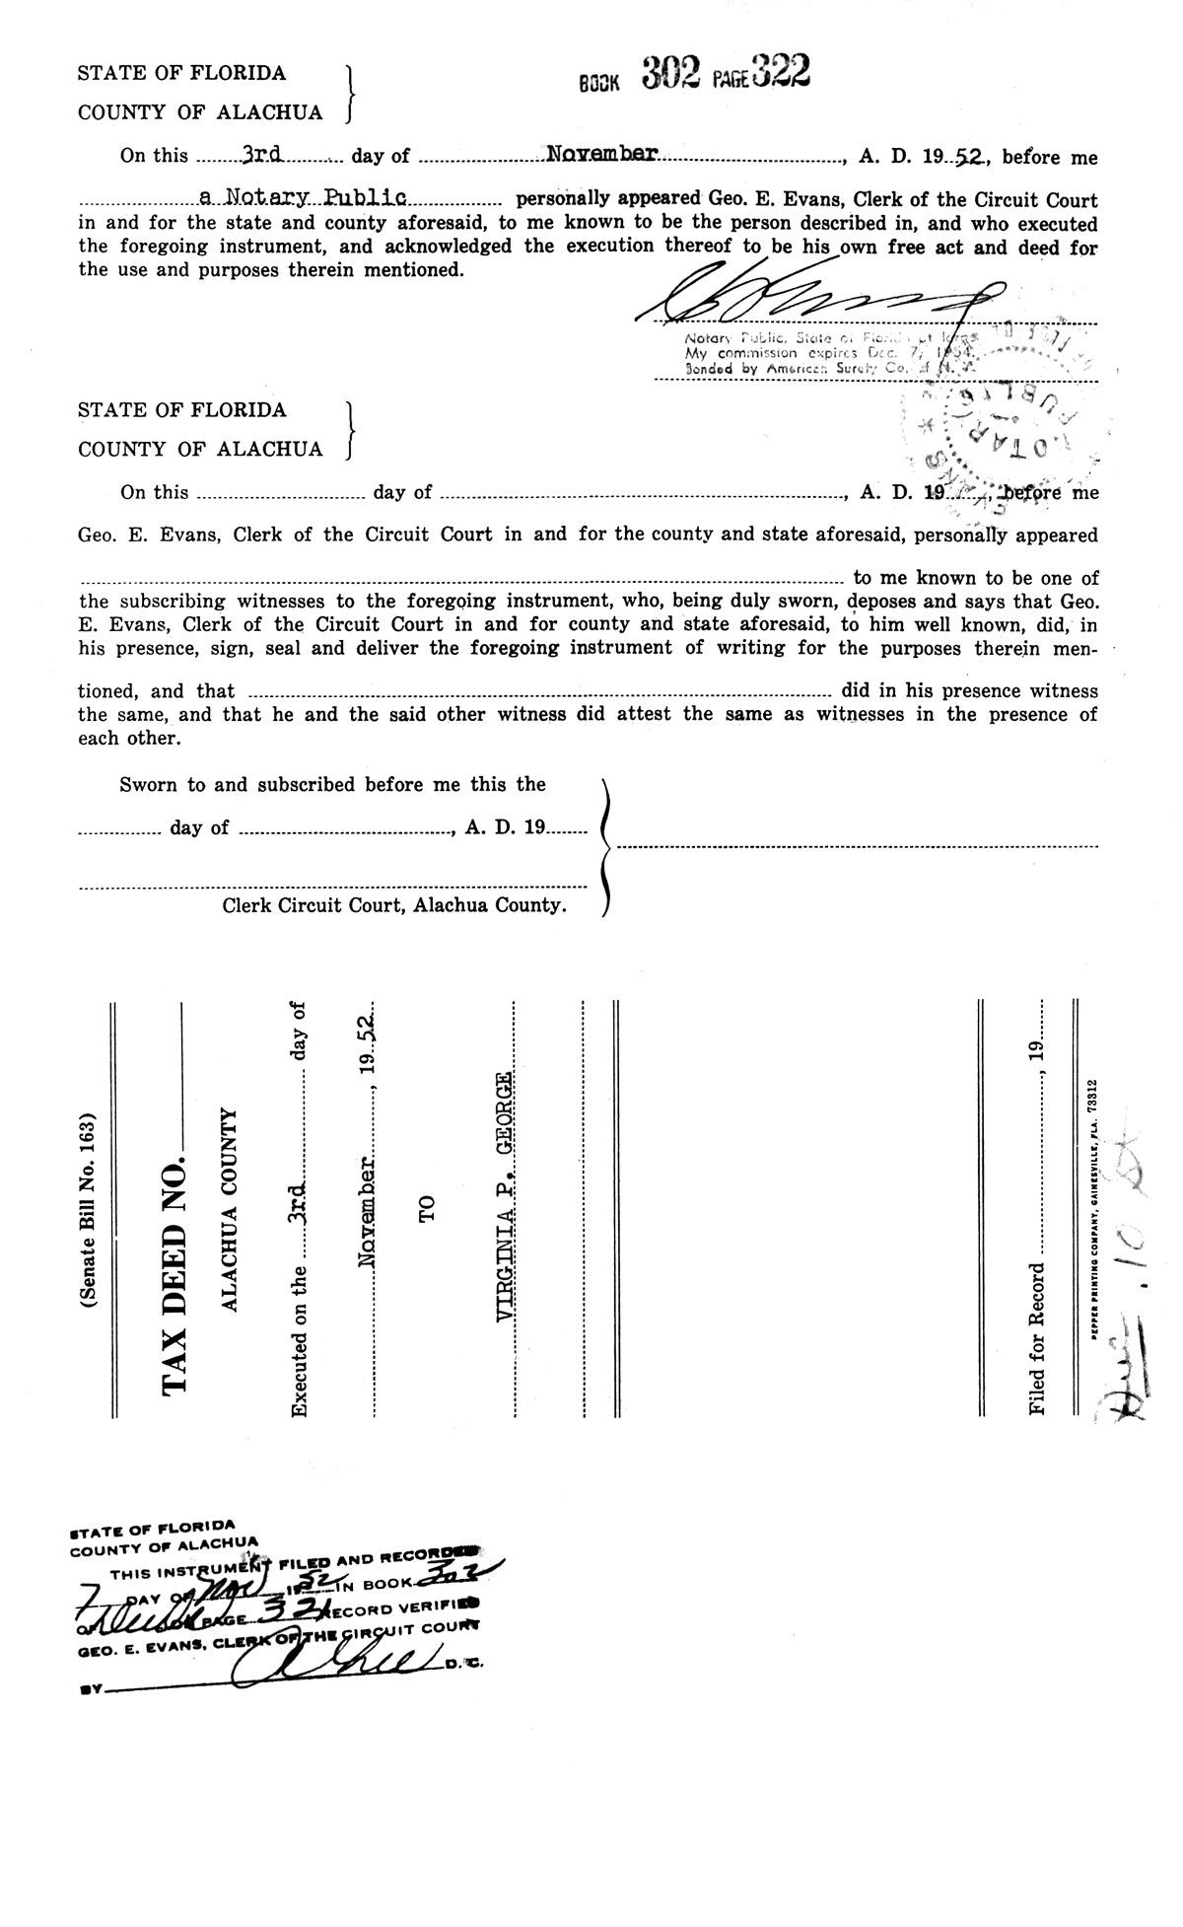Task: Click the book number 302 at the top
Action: click(x=670, y=73)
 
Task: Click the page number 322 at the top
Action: click(x=779, y=71)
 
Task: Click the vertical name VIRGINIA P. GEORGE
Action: click(x=504, y=1196)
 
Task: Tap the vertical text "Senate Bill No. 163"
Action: click(x=90, y=1210)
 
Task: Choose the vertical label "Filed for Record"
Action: click(x=1036, y=1339)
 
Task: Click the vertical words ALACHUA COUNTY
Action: click(x=229, y=1209)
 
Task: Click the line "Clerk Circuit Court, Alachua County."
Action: click(x=394, y=905)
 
